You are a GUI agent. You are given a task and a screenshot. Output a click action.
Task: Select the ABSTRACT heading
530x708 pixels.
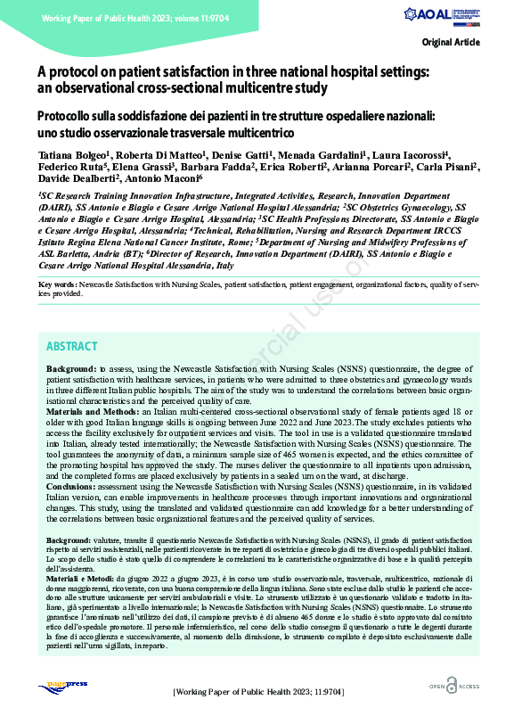pos(72,346)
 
